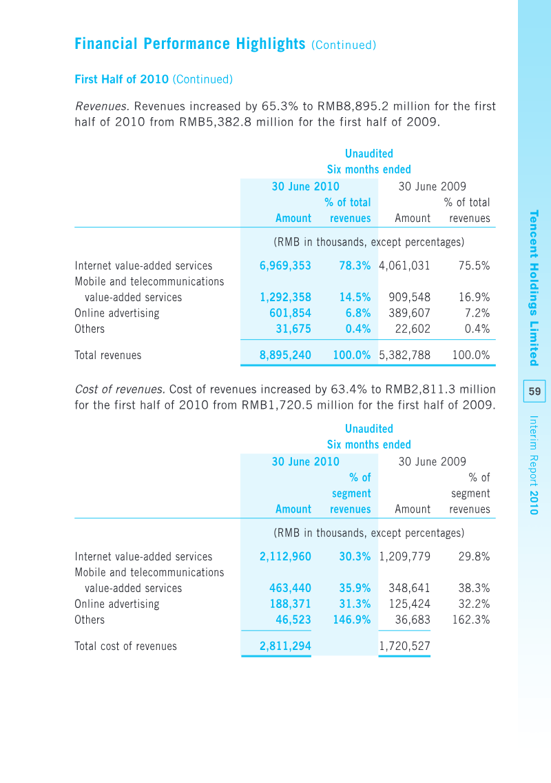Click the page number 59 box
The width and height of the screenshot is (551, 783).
tap(534, 391)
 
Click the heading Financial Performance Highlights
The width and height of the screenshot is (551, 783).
tap(189, 44)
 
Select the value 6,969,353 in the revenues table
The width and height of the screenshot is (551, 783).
tap(285, 265)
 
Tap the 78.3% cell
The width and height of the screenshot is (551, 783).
tap(355, 265)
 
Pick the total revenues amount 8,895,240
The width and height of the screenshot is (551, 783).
tap(285, 355)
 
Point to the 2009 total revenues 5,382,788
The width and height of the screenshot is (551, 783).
tap(405, 355)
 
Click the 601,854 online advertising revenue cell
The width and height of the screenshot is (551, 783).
tap(290, 313)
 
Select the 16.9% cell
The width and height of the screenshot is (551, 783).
tap(474, 297)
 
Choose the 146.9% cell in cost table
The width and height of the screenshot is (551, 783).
tap(352, 620)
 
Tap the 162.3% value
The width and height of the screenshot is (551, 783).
tap(471, 620)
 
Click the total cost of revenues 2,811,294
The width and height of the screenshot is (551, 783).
tap(285, 646)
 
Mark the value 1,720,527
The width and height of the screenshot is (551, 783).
tap(405, 646)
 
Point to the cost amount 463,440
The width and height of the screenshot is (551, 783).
tap(290, 588)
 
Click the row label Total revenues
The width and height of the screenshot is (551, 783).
tap(108, 355)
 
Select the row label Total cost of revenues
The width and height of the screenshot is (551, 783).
tap(125, 646)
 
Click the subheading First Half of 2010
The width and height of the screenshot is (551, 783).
tap(121, 79)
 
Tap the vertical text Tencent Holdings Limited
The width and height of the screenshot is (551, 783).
tap(534, 288)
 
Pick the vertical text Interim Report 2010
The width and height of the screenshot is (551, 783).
tap(534, 465)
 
